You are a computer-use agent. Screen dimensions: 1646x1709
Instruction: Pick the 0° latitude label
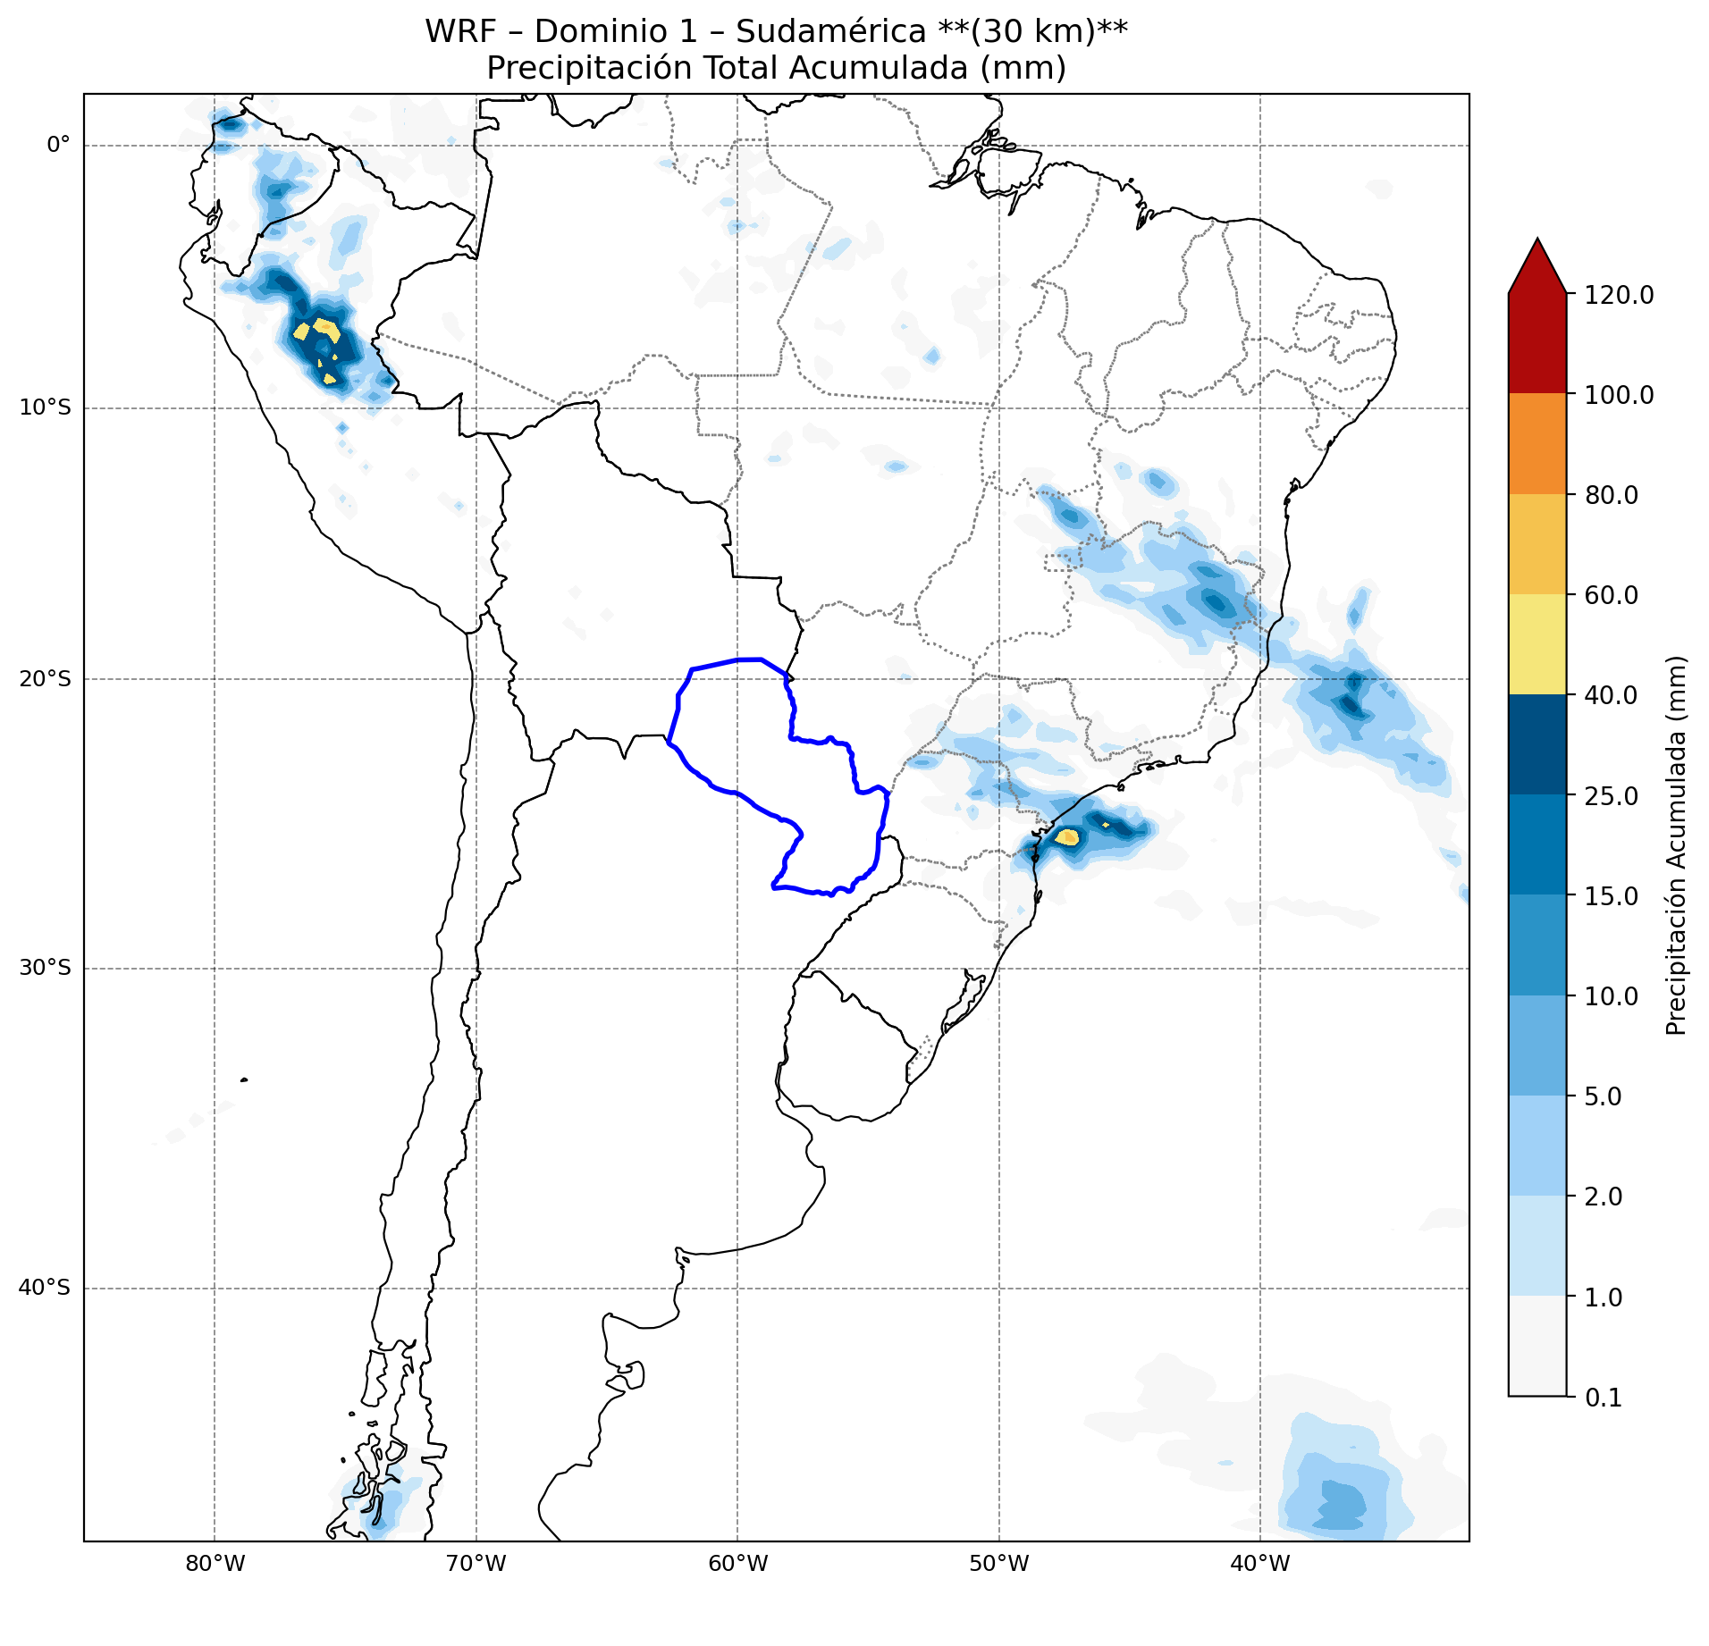click(x=58, y=145)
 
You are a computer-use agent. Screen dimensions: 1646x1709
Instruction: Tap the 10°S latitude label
click(x=45, y=408)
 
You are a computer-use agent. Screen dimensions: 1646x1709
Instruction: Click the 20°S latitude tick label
click(x=45, y=679)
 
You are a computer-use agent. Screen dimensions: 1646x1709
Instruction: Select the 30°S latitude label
click(x=45, y=968)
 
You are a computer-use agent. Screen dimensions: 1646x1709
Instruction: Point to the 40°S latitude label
click(x=45, y=1288)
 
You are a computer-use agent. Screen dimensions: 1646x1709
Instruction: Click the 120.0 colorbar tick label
click(x=1620, y=295)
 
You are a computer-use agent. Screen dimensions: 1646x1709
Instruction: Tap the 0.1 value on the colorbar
click(x=1604, y=1398)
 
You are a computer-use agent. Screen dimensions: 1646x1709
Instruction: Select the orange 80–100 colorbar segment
click(x=1537, y=444)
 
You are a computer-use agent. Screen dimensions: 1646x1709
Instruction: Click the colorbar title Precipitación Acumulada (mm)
click(x=1677, y=845)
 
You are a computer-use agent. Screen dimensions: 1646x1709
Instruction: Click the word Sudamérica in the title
click(x=831, y=31)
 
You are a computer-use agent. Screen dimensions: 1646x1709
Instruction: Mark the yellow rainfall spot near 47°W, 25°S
click(x=1068, y=837)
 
